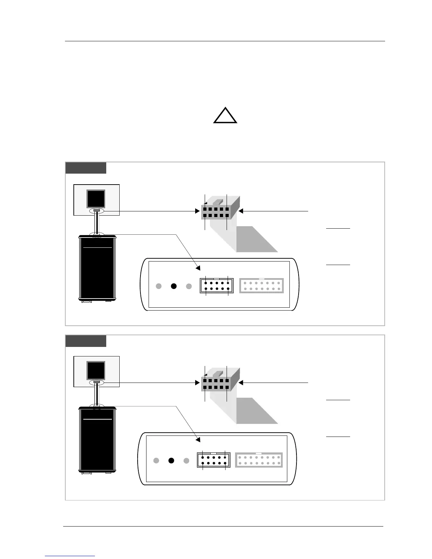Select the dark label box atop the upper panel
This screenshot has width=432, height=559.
pyautogui.click(x=86, y=168)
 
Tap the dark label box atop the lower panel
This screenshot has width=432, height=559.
pyautogui.click(x=86, y=341)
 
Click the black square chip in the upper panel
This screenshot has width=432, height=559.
pyautogui.click(x=96, y=199)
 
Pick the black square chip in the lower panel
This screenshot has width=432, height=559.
pyautogui.click(x=96, y=371)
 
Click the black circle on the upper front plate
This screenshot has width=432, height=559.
pyautogui.click(x=173, y=286)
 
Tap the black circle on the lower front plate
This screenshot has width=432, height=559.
pyautogui.click(x=171, y=461)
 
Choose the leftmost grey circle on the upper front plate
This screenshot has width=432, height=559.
pyautogui.click(x=159, y=286)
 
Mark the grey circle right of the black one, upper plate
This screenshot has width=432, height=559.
pyautogui.click(x=189, y=286)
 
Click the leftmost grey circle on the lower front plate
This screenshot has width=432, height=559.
pyautogui.click(x=156, y=461)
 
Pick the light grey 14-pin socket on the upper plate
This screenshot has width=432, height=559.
pyautogui.click(x=262, y=286)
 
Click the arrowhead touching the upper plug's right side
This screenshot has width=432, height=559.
pyautogui.click(x=241, y=211)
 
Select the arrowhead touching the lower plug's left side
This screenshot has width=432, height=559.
pyautogui.click(x=198, y=383)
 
